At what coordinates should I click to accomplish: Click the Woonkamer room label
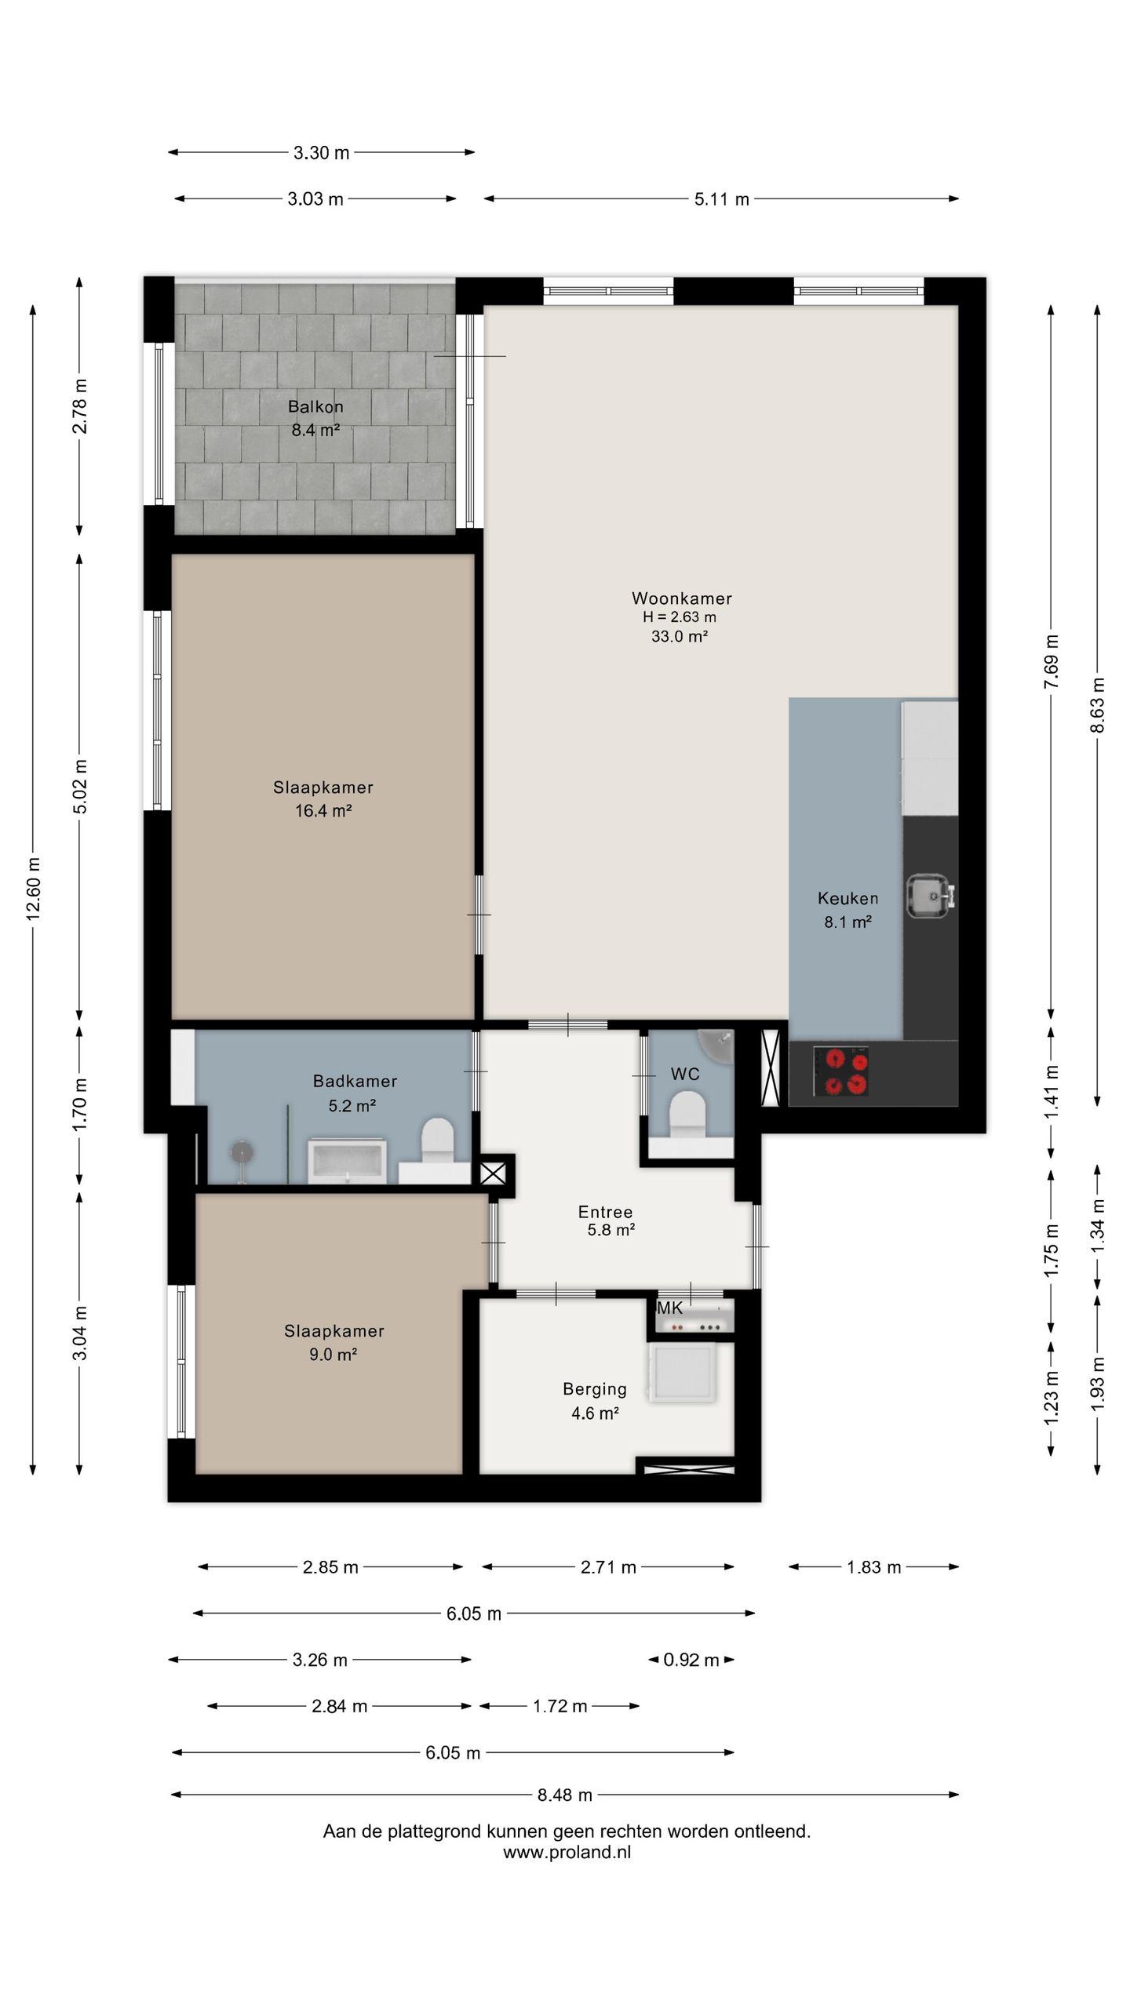click(x=681, y=598)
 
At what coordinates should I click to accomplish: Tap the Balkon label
click(x=315, y=406)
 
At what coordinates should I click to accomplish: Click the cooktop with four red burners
click(x=841, y=1071)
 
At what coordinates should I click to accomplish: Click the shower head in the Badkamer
click(x=242, y=1151)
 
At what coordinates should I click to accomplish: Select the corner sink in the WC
click(x=718, y=1046)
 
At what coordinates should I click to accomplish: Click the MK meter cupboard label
click(x=669, y=1308)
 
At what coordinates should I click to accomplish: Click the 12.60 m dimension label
click(x=33, y=888)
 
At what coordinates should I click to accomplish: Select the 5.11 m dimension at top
click(x=722, y=199)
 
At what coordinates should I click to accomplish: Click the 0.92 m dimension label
click(x=691, y=1660)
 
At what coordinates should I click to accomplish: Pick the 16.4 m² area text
click(x=323, y=810)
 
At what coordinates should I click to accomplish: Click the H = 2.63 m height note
click(x=680, y=617)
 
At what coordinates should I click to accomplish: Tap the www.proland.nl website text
click(x=567, y=1853)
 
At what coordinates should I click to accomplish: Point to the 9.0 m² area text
click(x=334, y=1354)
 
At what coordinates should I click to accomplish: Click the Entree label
click(x=605, y=1212)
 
